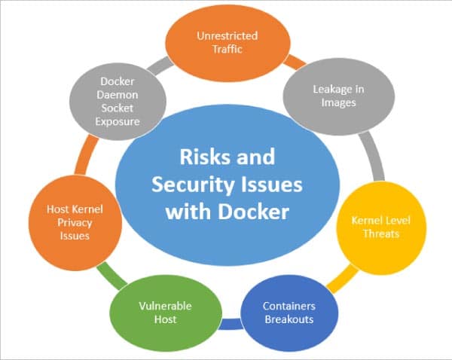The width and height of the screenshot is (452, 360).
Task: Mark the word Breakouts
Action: click(x=289, y=319)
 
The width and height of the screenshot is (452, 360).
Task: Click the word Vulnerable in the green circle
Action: click(x=165, y=306)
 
